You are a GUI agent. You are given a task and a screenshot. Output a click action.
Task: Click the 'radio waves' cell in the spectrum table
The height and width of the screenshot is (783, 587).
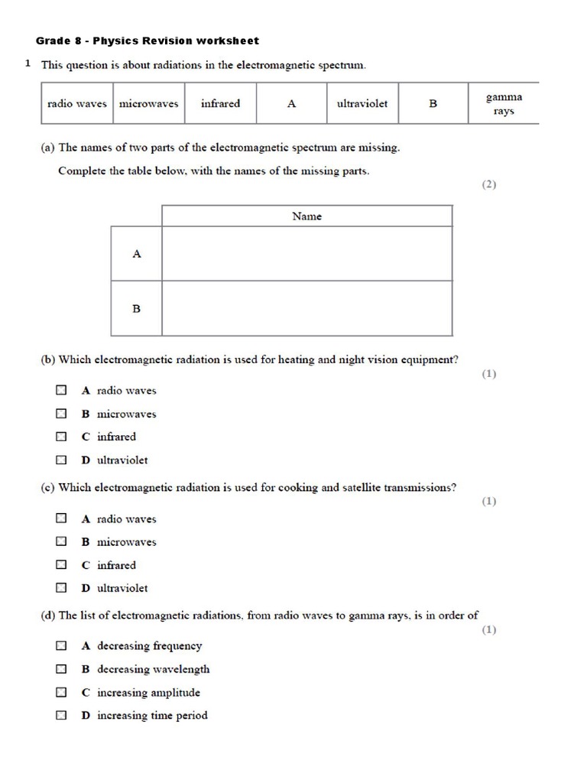[76, 104]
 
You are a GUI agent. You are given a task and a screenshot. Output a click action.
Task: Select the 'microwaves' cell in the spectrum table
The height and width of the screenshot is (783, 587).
[148, 104]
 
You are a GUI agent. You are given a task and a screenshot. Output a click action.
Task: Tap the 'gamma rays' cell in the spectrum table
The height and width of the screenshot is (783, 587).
[504, 104]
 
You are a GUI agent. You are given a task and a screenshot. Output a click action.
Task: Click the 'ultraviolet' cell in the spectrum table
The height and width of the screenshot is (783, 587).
[362, 104]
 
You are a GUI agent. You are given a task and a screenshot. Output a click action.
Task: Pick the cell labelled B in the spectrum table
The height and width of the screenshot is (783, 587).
[433, 104]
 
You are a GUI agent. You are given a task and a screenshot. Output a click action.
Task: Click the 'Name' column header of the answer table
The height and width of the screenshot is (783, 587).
[306, 216]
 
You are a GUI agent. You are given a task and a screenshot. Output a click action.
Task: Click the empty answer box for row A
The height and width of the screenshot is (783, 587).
[306, 254]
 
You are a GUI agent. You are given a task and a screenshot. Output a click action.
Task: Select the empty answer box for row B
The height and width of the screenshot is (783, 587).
[306, 308]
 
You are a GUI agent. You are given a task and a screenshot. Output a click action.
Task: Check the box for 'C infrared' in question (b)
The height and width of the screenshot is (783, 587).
[61, 437]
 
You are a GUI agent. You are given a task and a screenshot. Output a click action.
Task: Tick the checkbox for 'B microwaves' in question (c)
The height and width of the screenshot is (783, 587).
[61, 542]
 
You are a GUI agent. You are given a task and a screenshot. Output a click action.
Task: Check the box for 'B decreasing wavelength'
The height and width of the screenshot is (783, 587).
[61, 669]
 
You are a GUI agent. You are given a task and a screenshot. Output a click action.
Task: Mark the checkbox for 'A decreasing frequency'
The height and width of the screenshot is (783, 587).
[61, 646]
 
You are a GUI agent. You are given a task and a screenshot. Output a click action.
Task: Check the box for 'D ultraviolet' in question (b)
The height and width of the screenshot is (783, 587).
[61, 460]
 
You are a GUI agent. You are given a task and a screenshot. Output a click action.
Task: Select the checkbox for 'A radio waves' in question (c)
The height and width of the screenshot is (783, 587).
[61, 518]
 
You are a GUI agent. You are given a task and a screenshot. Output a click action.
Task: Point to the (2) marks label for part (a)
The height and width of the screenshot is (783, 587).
[488, 184]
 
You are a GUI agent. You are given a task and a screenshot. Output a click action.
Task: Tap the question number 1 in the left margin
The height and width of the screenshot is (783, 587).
[28, 64]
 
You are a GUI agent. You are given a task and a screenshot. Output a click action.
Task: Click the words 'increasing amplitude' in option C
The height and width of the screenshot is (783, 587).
[148, 693]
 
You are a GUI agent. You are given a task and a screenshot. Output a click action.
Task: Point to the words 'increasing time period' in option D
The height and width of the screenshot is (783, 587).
[152, 716]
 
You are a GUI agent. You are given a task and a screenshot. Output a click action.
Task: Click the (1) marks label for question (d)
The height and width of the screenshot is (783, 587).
[488, 630]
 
